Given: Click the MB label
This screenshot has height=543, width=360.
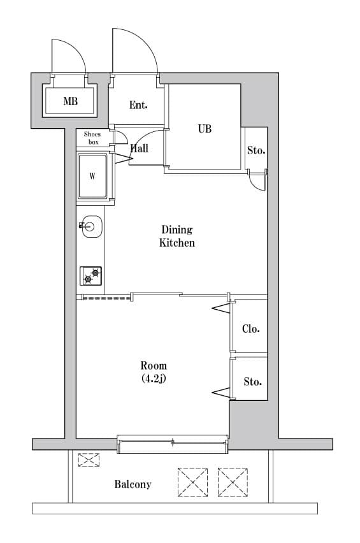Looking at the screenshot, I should coord(70,101).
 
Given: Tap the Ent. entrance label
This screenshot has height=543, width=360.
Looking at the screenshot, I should coord(138,105).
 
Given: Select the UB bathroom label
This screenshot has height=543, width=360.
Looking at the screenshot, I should coord(205,129).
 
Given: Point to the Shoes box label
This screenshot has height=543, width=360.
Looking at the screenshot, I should coord(92,138).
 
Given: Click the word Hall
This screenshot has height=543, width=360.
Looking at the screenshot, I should coord(140,148).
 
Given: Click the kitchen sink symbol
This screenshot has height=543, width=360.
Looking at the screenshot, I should coord(91,226).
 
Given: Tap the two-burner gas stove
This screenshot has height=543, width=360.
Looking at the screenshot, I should coord(91,275).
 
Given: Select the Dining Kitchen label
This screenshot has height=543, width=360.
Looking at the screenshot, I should coord(176,236).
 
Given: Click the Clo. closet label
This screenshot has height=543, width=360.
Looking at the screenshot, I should coord(250,329).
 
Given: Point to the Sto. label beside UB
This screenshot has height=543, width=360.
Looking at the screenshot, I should coord(256,151).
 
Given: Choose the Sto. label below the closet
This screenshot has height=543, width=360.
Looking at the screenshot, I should coord(252,382).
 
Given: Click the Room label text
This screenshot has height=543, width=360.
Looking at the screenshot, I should coord(154,366).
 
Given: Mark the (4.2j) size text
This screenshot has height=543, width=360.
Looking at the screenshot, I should coord(154,379).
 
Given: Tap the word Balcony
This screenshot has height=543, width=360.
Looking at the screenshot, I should coord(133,484).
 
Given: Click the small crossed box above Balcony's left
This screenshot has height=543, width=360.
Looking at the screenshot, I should coord(89,460).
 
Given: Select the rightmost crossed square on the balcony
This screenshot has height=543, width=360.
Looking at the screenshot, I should coord(233,482).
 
